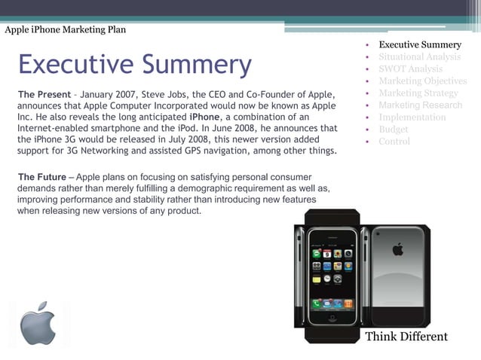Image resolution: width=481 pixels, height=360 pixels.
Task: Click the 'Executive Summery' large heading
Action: [134, 65]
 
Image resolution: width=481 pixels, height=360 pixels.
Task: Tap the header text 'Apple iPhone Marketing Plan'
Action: [66, 30]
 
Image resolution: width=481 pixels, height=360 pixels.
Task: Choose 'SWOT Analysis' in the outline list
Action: [410, 69]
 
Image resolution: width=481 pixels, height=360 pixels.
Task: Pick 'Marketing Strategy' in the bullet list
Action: [418, 93]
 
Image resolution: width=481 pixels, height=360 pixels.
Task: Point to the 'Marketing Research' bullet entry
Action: [420, 105]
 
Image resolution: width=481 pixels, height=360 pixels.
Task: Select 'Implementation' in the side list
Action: [412, 117]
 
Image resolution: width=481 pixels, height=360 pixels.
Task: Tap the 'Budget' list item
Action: [394, 130]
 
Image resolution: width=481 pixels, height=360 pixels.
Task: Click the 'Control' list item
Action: [394, 142]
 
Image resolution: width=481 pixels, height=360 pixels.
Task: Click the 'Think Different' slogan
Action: [406, 337]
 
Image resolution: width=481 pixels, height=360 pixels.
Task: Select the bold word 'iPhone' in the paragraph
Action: [205, 117]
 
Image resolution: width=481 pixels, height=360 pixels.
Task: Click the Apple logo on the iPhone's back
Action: [397, 249]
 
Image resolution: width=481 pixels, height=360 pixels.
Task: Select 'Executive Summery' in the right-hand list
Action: [419, 45]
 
